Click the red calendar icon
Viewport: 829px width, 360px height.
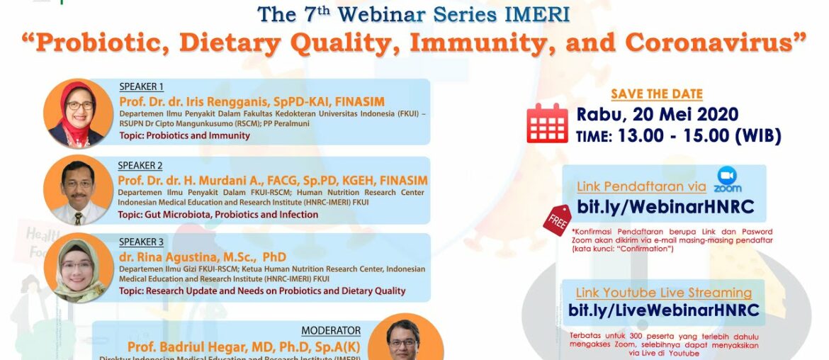[547, 123]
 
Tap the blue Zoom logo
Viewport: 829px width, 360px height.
[727, 180]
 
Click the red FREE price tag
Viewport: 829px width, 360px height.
[556, 220]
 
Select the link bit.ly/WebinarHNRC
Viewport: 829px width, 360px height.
[665, 206]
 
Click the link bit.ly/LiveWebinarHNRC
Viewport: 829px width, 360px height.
[664, 310]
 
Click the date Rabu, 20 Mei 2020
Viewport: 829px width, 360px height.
[657, 114]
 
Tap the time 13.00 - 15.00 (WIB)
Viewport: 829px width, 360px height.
[678, 136]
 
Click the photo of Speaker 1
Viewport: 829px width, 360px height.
[78, 113]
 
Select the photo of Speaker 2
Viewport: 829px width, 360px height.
[78, 189]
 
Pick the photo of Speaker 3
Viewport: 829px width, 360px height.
[78, 267]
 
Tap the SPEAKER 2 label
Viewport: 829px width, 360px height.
[140, 166]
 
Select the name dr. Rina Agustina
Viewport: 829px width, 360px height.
[202, 257]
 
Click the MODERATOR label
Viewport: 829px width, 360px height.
[330, 331]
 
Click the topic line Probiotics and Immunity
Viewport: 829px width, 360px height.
[184, 135]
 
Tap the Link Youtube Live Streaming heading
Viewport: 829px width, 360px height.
[663, 293]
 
